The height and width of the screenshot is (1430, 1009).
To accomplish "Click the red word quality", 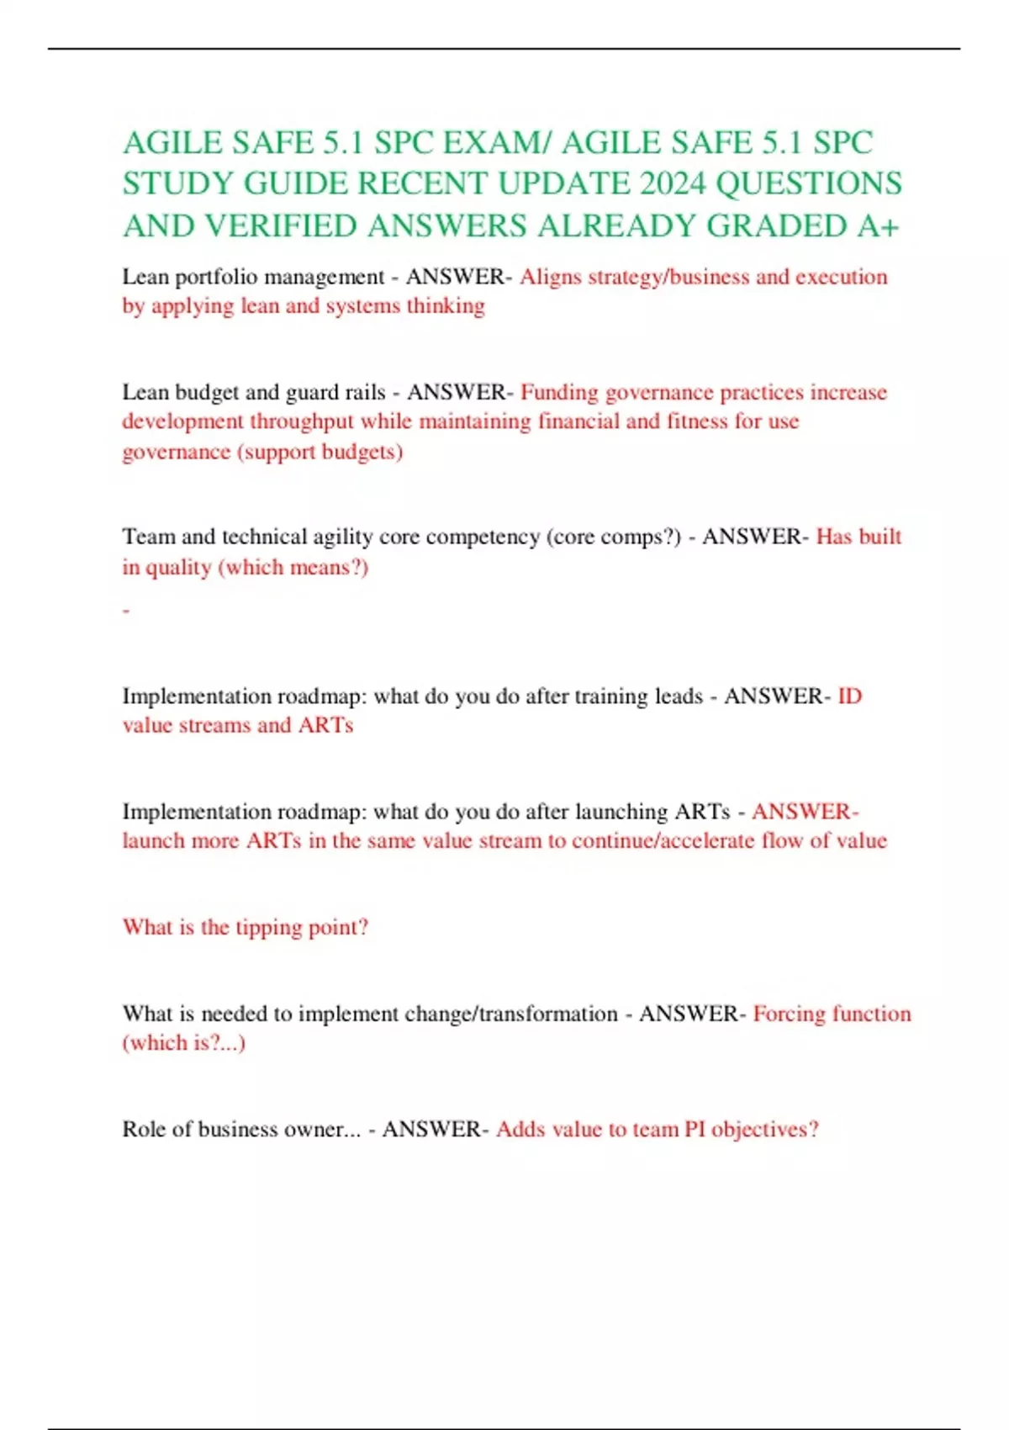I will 178,567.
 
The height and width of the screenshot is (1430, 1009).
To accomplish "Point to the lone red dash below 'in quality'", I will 126,611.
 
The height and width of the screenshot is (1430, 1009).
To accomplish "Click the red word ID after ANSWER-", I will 849,696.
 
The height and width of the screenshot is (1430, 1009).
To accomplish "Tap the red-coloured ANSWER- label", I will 805,812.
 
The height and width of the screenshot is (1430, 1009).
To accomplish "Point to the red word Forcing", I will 789,1014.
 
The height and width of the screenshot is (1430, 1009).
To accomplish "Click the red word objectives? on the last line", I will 764,1129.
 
